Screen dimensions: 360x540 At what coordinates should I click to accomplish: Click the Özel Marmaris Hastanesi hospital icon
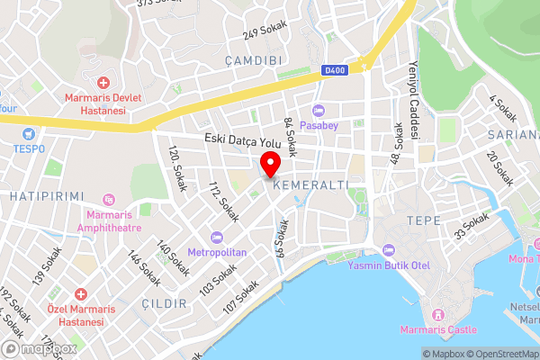click(80, 294)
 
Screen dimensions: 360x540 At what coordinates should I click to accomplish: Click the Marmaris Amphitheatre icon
click(109, 199)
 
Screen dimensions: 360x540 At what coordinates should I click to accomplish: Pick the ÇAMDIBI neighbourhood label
click(256, 60)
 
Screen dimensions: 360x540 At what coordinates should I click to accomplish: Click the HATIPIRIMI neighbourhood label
click(46, 196)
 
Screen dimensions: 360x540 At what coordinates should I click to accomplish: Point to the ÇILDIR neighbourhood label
click(163, 303)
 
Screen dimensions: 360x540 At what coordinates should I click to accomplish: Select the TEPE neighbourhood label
click(423, 220)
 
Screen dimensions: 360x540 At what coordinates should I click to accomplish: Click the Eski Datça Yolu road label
click(243, 140)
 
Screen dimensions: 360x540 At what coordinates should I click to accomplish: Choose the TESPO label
click(29, 148)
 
